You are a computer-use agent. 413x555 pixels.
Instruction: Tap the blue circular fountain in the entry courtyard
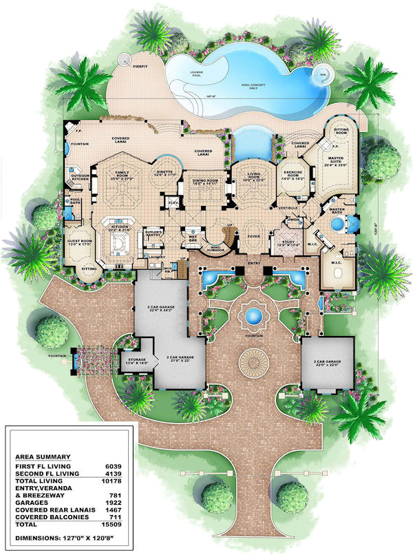252,317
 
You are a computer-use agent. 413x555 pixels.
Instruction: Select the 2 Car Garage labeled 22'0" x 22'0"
328,362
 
